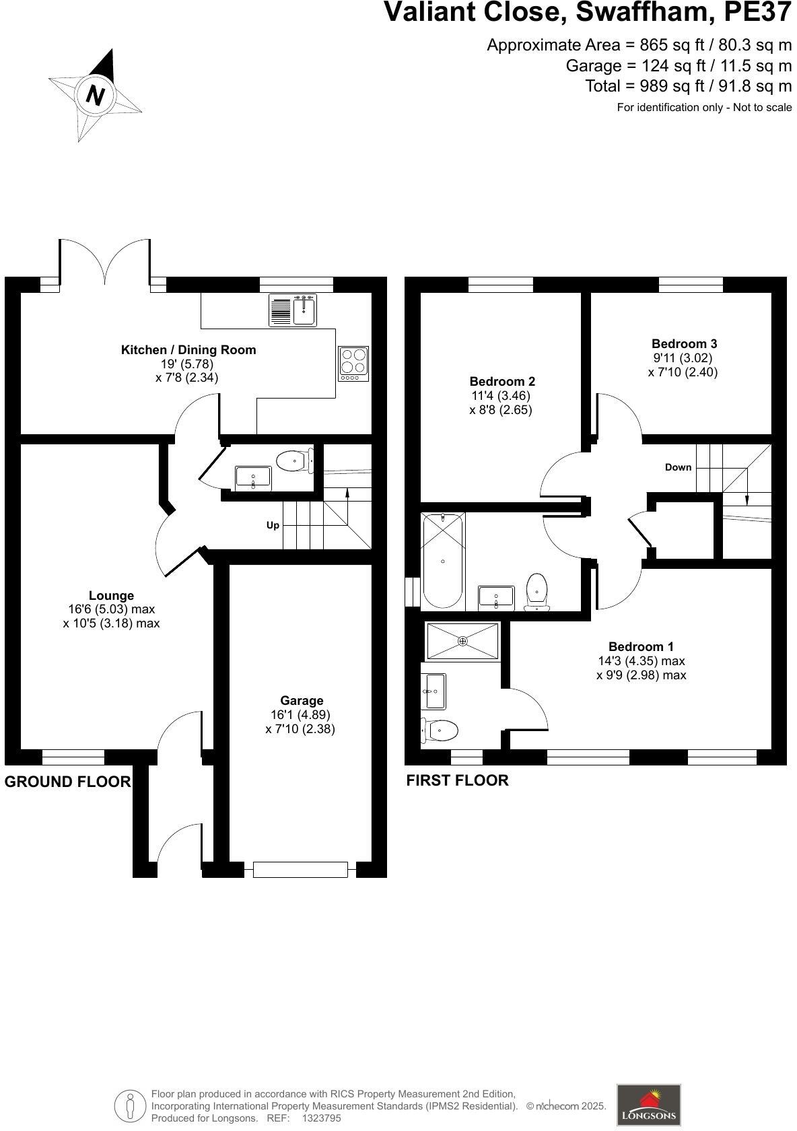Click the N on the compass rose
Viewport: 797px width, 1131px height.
point(96,95)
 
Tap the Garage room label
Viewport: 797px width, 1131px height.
point(302,701)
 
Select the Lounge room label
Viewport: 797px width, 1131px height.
point(111,595)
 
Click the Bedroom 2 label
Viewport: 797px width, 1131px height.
point(502,382)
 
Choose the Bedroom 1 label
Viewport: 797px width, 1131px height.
point(641,647)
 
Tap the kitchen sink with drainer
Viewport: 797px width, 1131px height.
point(293,310)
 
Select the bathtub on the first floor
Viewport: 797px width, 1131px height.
point(443,560)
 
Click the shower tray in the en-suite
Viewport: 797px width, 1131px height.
point(462,641)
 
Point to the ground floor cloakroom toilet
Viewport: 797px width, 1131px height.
point(294,461)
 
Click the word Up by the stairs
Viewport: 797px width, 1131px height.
point(273,525)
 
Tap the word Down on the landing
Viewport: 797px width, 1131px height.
point(678,467)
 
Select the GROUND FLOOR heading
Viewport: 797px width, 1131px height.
point(67,782)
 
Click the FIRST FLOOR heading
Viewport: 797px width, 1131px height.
point(457,780)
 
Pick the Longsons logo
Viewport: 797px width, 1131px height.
point(649,1105)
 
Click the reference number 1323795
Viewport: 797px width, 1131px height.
point(322,1118)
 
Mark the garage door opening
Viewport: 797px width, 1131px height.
point(300,869)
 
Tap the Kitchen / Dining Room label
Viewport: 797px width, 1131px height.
point(188,350)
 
